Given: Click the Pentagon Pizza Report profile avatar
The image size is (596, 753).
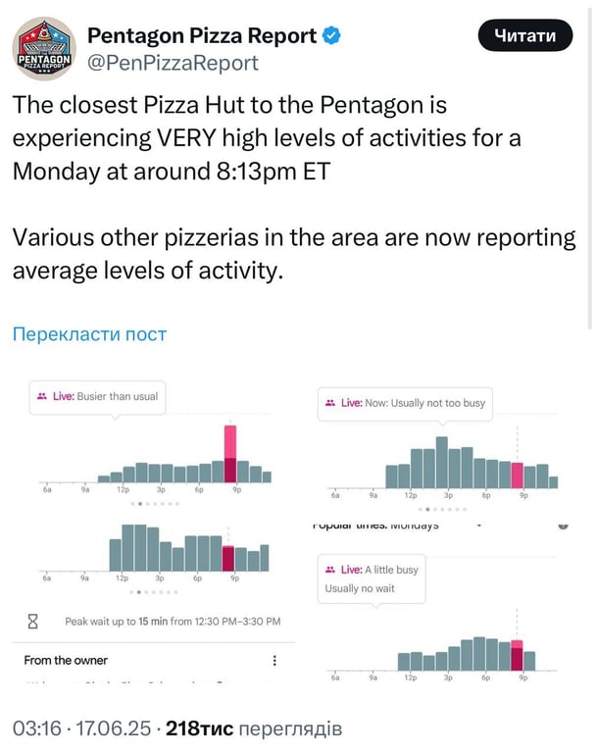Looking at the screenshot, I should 43,49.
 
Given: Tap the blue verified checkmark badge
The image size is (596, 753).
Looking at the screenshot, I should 333,36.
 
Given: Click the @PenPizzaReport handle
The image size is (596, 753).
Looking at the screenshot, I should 174,64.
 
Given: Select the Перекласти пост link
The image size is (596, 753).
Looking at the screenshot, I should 89,334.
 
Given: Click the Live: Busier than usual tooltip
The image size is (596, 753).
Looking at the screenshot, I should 96,396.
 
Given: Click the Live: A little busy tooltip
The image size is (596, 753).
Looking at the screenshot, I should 372,578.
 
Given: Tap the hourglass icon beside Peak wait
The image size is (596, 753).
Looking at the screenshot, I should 33,621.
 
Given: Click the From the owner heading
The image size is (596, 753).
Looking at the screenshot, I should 66,660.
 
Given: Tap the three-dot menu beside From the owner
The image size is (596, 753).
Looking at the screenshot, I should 274,661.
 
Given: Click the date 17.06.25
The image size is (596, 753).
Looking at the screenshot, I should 115,728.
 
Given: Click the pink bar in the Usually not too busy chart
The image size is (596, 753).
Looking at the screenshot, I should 518,476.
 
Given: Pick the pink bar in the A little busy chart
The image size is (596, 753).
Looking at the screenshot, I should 517,655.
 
